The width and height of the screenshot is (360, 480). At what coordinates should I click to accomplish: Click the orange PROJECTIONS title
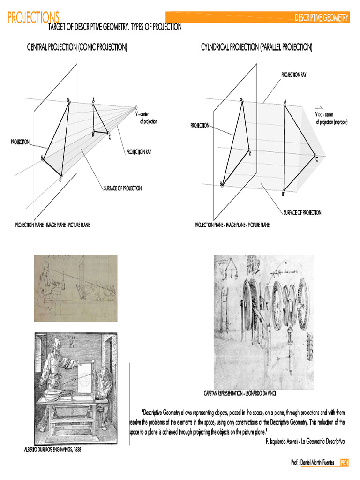click(33, 18)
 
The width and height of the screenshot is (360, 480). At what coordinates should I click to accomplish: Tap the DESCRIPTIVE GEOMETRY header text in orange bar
click(322, 18)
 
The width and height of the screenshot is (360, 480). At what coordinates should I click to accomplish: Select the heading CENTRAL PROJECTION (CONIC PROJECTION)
click(77, 47)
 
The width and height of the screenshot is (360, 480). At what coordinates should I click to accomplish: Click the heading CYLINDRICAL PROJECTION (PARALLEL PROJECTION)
click(256, 47)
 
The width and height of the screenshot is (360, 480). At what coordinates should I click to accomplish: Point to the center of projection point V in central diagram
click(136, 107)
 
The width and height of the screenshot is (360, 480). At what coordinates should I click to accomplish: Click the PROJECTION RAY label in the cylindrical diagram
click(294, 75)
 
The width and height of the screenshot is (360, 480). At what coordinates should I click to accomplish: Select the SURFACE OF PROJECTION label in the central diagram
click(122, 188)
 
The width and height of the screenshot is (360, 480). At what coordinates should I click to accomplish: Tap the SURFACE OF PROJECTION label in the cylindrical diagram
click(302, 212)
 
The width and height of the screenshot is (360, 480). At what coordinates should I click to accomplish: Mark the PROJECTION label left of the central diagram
click(20, 142)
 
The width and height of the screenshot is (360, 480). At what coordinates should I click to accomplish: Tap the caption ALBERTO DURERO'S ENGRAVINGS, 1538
click(52, 450)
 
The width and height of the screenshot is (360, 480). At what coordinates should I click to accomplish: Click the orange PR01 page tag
click(345, 463)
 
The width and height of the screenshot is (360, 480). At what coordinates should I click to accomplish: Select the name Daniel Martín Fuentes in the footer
click(317, 463)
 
